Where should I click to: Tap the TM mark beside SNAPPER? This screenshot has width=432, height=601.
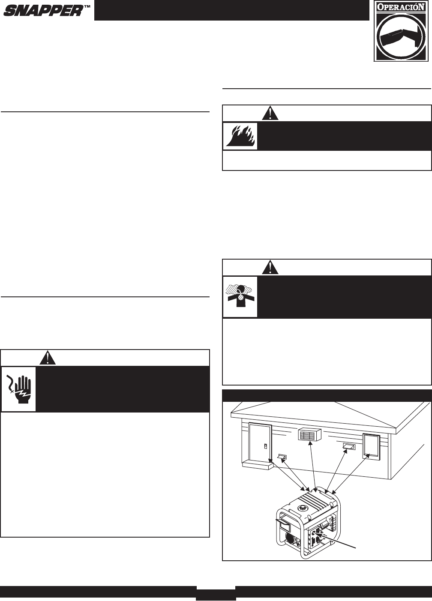(x=86, y=8)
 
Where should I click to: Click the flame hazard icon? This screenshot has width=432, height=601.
(x=240, y=136)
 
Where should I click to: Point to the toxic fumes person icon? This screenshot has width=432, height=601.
(x=240, y=296)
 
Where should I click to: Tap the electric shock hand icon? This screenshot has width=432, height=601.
(x=18, y=389)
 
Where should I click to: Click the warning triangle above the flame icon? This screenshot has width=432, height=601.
(x=270, y=113)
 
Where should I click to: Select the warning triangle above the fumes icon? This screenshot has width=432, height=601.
(x=270, y=267)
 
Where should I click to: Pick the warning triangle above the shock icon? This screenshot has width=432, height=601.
(x=48, y=358)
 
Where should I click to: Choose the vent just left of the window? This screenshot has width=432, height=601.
(x=349, y=446)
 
